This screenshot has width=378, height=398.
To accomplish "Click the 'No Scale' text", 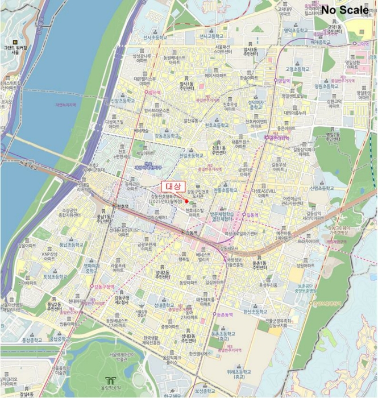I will [x=344, y=10].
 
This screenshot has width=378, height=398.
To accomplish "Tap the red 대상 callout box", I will [x=172, y=186].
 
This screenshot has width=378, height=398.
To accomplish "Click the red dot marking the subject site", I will [x=186, y=201].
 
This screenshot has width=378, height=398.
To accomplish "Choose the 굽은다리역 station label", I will [x=279, y=138].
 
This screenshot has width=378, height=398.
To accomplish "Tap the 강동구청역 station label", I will [x=103, y=287].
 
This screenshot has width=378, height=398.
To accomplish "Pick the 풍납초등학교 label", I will [x=70, y=244].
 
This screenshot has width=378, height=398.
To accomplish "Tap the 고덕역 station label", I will [x=362, y=43].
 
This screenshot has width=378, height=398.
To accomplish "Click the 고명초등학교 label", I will [x=297, y=68].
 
